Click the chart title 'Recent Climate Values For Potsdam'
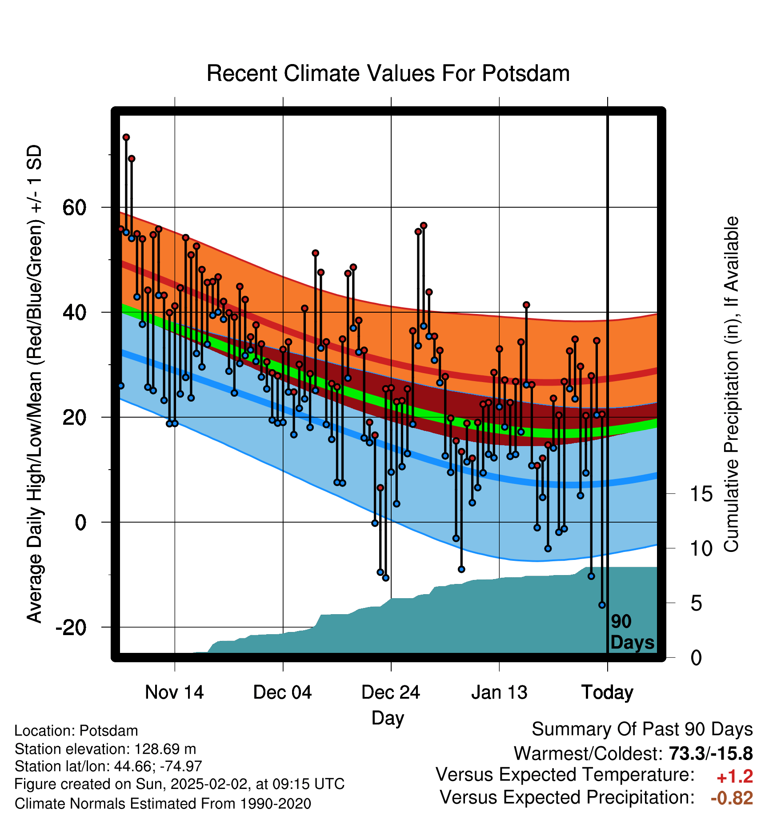(x=388, y=73)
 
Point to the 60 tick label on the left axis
(x=75, y=207)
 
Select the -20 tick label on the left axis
(x=71, y=627)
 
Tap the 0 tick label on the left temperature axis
(x=81, y=522)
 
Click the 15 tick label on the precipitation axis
(x=701, y=494)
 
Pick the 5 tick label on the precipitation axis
(x=696, y=603)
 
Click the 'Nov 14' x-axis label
(x=174, y=692)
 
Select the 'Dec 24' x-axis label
(x=391, y=692)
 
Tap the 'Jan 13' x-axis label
(x=499, y=692)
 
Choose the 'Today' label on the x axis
(x=607, y=693)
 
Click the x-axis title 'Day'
(x=388, y=718)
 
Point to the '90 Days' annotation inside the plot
(x=632, y=632)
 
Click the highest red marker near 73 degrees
(x=126, y=137)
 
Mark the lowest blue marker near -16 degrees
(x=602, y=605)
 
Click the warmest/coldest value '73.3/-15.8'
(x=711, y=753)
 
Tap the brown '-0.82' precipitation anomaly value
(x=732, y=798)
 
